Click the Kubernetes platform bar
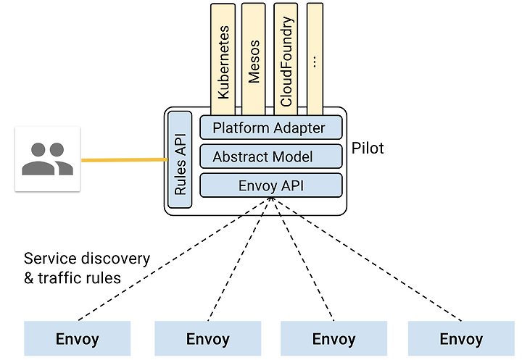(223, 60)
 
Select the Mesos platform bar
(254, 60)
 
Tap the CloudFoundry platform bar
(286, 60)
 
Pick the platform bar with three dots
(315, 60)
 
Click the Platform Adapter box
(271, 127)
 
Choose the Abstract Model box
(271, 156)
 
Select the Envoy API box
(271, 185)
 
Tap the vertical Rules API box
(180, 159)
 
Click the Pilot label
(368, 148)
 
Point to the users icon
(48, 159)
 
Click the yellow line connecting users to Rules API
(125, 160)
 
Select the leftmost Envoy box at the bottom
(78, 338)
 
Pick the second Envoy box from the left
(208, 338)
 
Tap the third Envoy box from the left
(334, 338)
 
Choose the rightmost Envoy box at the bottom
(461, 338)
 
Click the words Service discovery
(87, 259)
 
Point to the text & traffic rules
(72, 278)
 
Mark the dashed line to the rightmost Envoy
(366, 259)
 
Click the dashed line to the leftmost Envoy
(175, 259)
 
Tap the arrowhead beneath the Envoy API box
(271, 199)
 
